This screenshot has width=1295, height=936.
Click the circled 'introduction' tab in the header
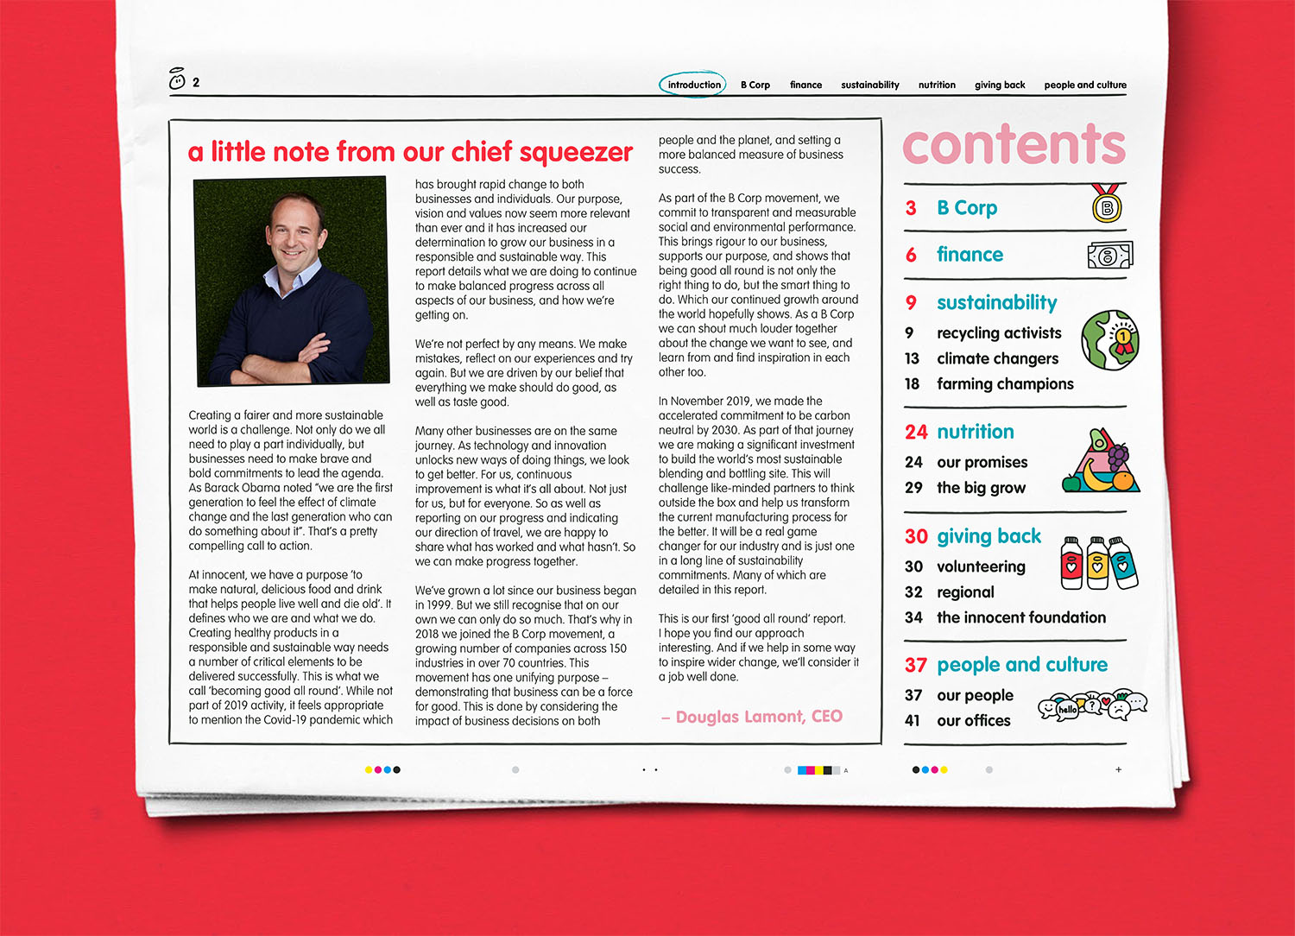click(x=693, y=85)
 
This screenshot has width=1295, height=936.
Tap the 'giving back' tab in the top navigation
click(x=1000, y=85)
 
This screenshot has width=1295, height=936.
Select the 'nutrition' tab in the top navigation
click(x=937, y=85)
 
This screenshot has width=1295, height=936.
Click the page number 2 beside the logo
click(x=196, y=83)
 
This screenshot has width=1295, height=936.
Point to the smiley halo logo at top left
click(x=177, y=79)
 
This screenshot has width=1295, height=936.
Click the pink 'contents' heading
click(x=1014, y=144)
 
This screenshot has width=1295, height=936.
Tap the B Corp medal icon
click(x=1107, y=204)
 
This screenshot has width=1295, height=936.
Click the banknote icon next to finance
click(x=1109, y=256)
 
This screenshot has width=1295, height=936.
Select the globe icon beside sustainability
click(x=1110, y=340)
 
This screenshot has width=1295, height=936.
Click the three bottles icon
click(x=1098, y=563)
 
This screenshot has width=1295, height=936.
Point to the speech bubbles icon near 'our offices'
click(x=1092, y=706)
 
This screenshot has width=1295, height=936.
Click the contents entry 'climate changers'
click(x=997, y=358)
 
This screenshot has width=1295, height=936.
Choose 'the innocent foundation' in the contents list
click(x=1020, y=617)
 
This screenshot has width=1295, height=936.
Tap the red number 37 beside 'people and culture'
click(x=915, y=665)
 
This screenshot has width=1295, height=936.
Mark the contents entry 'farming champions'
click(x=1005, y=384)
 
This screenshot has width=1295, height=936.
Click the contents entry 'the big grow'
click(x=981, y=488)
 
